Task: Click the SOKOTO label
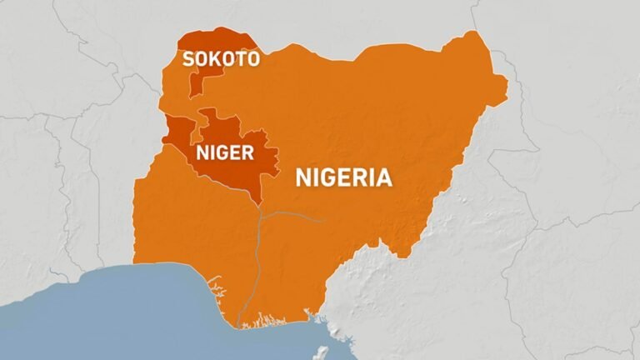[x=221, y=58]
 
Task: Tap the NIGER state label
[x=225, y=153]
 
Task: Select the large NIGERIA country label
[x=343, y=177]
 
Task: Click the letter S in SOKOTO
[x=189, y=58]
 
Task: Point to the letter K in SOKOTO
[x=214, y=58]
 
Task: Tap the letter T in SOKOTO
[x=238, y=58]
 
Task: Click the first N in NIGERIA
[x=303, y=177]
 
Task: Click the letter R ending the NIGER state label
[x=247, y=153]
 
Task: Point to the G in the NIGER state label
[x=220, y=153]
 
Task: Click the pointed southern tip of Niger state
[x=262, y=202]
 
